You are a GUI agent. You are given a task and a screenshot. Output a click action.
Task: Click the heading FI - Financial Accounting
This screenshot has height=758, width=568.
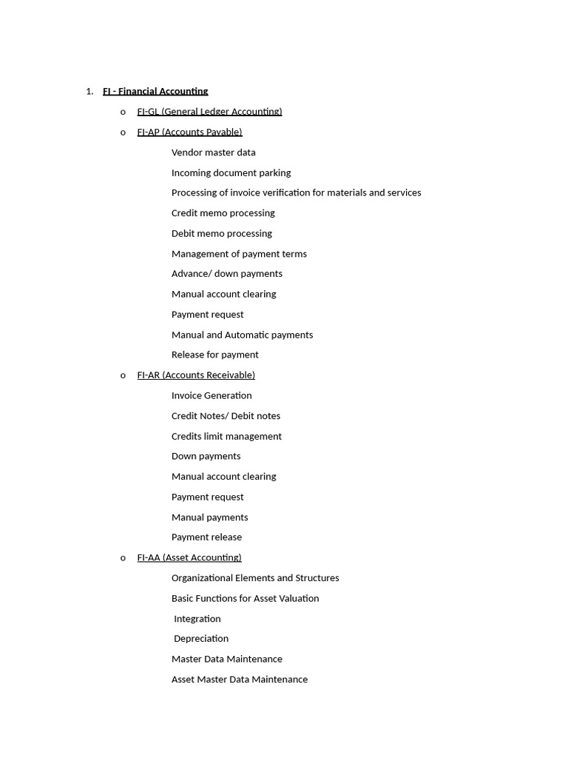click(x=155, y=92)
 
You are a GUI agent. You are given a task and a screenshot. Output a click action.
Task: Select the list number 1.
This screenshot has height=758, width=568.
click(x=89, y=92)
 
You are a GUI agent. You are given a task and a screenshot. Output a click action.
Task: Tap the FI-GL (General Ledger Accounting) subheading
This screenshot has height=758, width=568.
click(x=209, y=112)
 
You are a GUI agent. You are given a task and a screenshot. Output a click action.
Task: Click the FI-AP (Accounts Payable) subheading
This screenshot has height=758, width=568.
click(x=189, y=132)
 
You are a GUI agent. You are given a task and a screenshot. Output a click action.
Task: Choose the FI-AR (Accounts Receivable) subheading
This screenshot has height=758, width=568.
click(x=196, y=375)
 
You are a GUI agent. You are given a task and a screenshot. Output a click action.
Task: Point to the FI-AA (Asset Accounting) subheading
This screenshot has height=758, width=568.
click(x=189, y=557)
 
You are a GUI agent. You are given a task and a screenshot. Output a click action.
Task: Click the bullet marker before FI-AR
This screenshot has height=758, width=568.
click(x=123, y=376)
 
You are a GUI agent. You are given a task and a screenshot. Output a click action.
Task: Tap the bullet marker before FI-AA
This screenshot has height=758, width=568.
click(x=123, y=558)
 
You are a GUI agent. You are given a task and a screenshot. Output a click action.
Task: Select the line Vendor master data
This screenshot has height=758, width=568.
click(x=213, y=152)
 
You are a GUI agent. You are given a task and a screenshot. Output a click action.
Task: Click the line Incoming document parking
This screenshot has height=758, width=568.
click(x=231, y=172)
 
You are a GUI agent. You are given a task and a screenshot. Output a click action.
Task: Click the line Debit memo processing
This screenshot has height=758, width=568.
click(x=221, y=233)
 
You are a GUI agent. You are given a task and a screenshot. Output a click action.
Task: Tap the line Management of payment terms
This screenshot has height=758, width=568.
click(x=239, y=254)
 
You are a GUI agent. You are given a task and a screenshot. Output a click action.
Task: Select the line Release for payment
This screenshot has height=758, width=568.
click(x=214, y=355)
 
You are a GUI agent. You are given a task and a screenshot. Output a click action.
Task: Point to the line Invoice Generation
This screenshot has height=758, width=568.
click(x=212, y=395)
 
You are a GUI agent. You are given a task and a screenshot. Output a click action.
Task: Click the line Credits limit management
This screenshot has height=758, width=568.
click(x=226, y=436)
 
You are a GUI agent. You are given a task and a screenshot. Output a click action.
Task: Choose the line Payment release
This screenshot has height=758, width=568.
click(x=206, y=537)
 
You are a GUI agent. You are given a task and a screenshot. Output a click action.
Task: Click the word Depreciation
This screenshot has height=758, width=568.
click(x=201, y=638)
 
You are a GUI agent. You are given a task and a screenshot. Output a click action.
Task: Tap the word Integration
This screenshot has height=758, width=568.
click(x=197, y=619)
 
